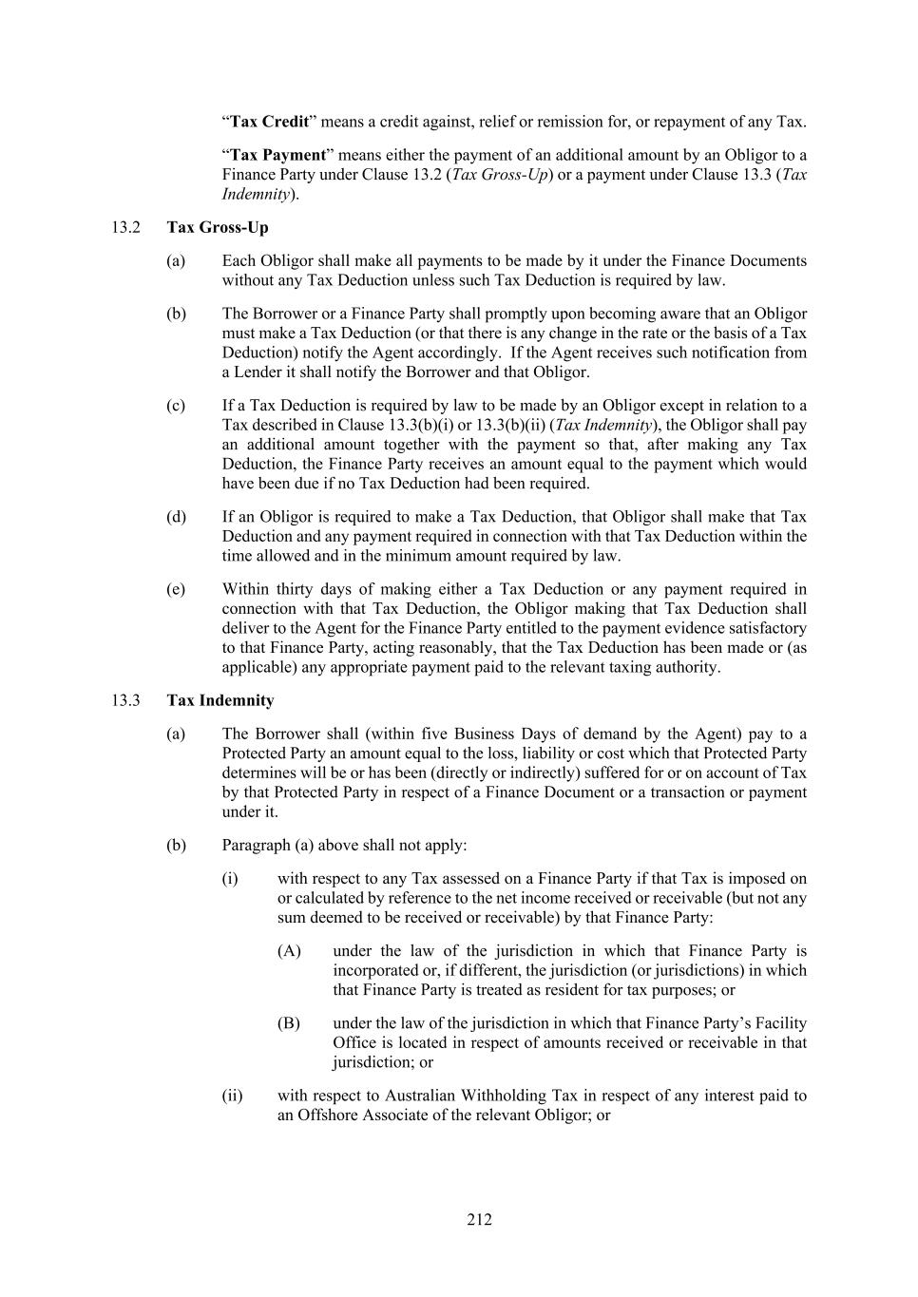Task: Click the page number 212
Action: [x=479, y=1219]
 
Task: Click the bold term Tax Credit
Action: [x=270, y=122]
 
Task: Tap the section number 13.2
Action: [x=125, y=227]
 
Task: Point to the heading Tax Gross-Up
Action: [x=218, y=227]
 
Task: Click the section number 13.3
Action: [x=125, y=700]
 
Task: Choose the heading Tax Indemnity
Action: [x=220, y=700]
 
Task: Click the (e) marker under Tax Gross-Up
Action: [x=176, y=589]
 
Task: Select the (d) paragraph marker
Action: [x=176, y=517]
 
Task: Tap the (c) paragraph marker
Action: [x=176, y=406]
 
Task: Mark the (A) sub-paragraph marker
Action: [x=289, y=951]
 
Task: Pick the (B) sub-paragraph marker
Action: [x=289, y=1023]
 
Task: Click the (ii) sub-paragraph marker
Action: [x=232, y=1096]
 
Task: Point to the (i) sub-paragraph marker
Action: [x=230, y=879]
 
